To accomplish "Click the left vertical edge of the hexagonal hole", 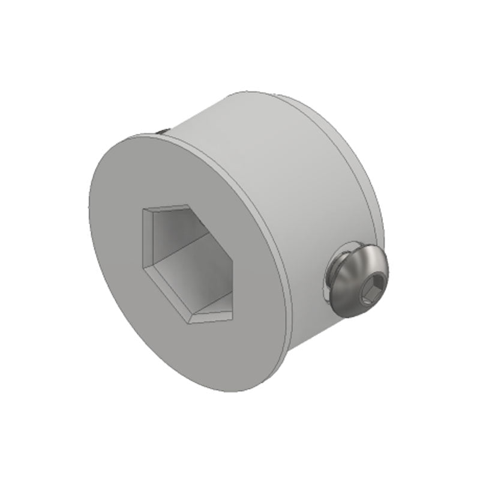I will [142, 236].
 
